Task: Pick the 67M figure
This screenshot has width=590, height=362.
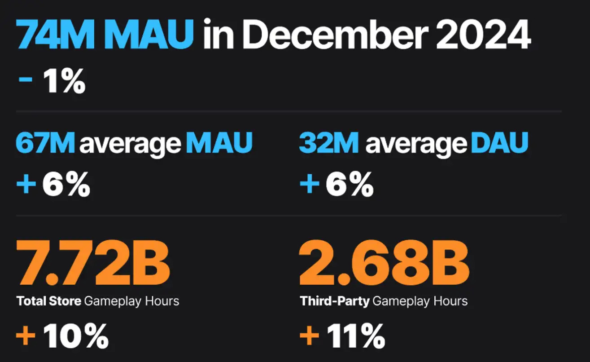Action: click(45, 143)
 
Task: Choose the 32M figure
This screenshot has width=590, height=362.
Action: click(329, 143)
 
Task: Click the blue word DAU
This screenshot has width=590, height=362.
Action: click(499, 143)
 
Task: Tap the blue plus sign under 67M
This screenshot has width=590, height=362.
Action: click(26, 185)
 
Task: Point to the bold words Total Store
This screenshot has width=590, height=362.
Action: click(48, 300)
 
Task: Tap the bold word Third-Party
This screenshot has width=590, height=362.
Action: click(334, 300)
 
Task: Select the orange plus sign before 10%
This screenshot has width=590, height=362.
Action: click(26, 336)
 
